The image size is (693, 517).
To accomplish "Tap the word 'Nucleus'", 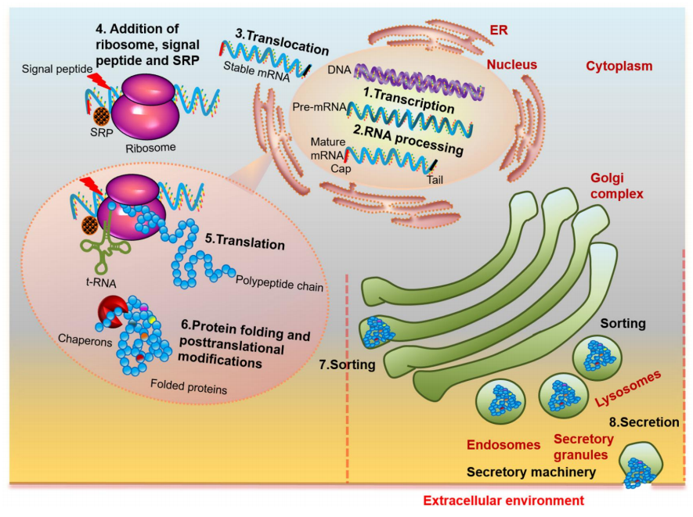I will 511,65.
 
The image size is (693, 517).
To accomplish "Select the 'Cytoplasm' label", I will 619,66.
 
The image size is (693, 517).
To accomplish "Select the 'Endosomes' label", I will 504,445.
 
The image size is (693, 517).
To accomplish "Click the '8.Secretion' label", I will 644,422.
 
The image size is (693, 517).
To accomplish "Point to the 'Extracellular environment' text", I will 504,501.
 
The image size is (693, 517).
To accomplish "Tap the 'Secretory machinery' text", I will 532,472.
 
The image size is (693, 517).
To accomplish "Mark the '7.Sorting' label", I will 347,364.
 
